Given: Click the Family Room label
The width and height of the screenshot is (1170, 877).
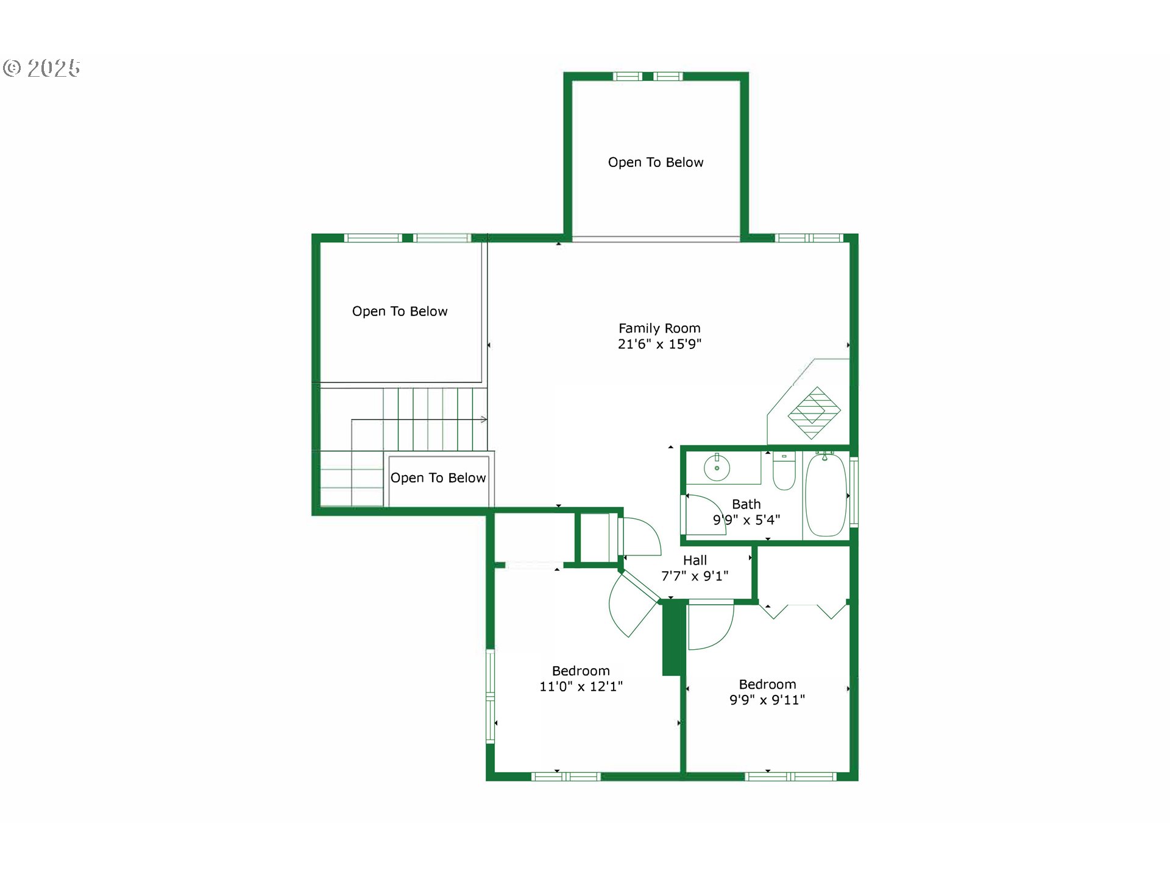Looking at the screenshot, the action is [x=659, y=328].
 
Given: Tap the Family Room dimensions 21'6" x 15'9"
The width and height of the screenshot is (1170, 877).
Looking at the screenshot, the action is [x=659, y=344].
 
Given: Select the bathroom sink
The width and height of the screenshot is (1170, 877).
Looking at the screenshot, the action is [x=717, y=468].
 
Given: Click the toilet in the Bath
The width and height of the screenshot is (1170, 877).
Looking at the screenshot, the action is [x=784, y=471].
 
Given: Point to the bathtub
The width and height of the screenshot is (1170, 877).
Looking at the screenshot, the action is [x=826, y=495].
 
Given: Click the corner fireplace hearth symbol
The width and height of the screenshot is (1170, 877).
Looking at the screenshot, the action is [x=814, y=413].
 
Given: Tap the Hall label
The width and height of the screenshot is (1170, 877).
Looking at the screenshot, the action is [x=695, y=560].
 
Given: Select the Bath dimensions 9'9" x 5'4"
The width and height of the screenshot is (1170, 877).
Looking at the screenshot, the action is [x=746, y=520].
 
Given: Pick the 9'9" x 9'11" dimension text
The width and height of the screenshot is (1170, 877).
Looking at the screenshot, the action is [x=767, y=700].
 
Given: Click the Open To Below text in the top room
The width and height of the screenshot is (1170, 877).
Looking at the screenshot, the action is [x=656, y=163].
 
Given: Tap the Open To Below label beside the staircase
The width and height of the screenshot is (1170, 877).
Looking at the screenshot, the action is [x=438, y=478].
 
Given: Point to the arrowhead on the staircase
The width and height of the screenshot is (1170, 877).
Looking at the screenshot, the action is [x=484, y=419].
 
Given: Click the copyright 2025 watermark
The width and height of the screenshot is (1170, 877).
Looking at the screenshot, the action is [x=41, y=68].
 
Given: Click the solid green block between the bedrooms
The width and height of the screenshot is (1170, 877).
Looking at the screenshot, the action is [x=672, y=637].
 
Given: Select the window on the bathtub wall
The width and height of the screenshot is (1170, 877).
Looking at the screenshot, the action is [x=854, y=491].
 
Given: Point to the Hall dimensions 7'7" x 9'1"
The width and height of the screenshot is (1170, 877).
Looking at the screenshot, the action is [x=695, y=576].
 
